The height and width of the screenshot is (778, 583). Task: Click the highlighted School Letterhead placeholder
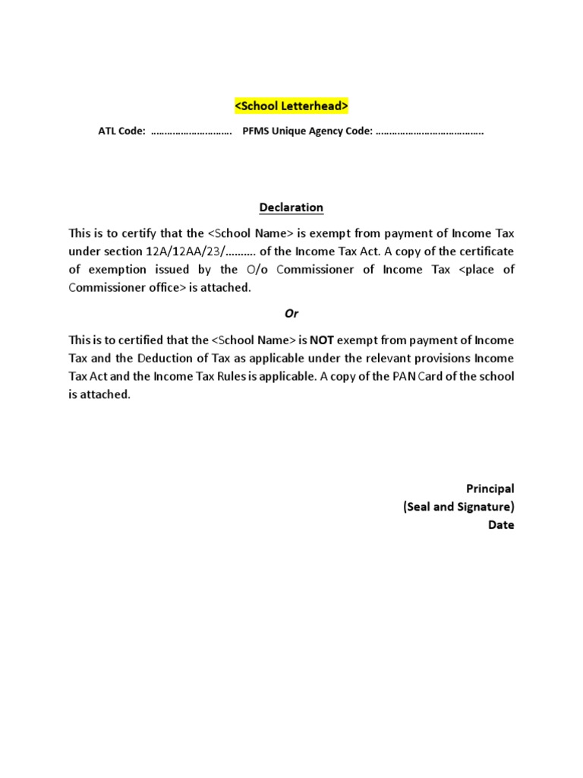pyautogui.click(x=291, y=106)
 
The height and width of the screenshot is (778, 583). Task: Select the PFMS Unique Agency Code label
pyautogui.click(x=307, y=131)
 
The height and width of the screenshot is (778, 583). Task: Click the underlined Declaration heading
pyautogui.click(x=291, y=207)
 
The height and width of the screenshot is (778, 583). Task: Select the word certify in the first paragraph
pyautogui.click(x=153, y=233)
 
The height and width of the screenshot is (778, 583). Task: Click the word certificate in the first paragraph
pyautogui.click(x=487, y=251)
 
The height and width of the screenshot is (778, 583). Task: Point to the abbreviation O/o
pyautogui.click(x=256, y=270)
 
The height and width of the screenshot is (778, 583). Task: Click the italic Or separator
pyautogui.click(x=291, y=314)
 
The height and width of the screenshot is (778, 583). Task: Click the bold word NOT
pyautogui.click(x=322, y=340)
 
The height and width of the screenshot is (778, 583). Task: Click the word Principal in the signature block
pyautogui.click(x=490, y=489)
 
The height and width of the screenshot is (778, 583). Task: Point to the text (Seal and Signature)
pyautogui.click(x=459, y=507)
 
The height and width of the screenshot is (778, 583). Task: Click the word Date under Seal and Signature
pyautogui.click(x=501, y=525)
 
